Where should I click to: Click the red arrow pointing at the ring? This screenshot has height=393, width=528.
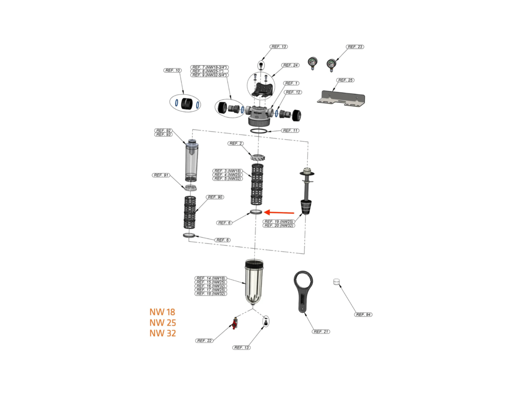279,212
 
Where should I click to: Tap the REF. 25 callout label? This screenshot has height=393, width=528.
345,80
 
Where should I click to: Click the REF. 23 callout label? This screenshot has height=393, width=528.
355,47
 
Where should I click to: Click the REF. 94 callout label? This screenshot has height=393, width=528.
363,315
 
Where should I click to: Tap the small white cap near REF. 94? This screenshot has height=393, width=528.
336,282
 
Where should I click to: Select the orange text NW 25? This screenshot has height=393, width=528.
163,323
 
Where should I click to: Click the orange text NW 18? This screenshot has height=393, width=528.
162,312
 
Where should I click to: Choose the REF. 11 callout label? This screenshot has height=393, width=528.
290,131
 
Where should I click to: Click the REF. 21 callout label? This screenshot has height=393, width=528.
321,332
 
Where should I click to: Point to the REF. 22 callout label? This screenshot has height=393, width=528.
204,341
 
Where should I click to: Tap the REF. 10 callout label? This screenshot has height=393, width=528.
173,70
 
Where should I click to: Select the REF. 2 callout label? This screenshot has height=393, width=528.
235,143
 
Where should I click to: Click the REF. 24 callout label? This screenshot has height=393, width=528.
290,65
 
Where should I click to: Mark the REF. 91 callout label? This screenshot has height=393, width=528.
161,175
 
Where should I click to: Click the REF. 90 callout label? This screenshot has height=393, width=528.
215,197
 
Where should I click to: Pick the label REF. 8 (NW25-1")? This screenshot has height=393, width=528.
210,71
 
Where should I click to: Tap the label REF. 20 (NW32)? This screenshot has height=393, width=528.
279,226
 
